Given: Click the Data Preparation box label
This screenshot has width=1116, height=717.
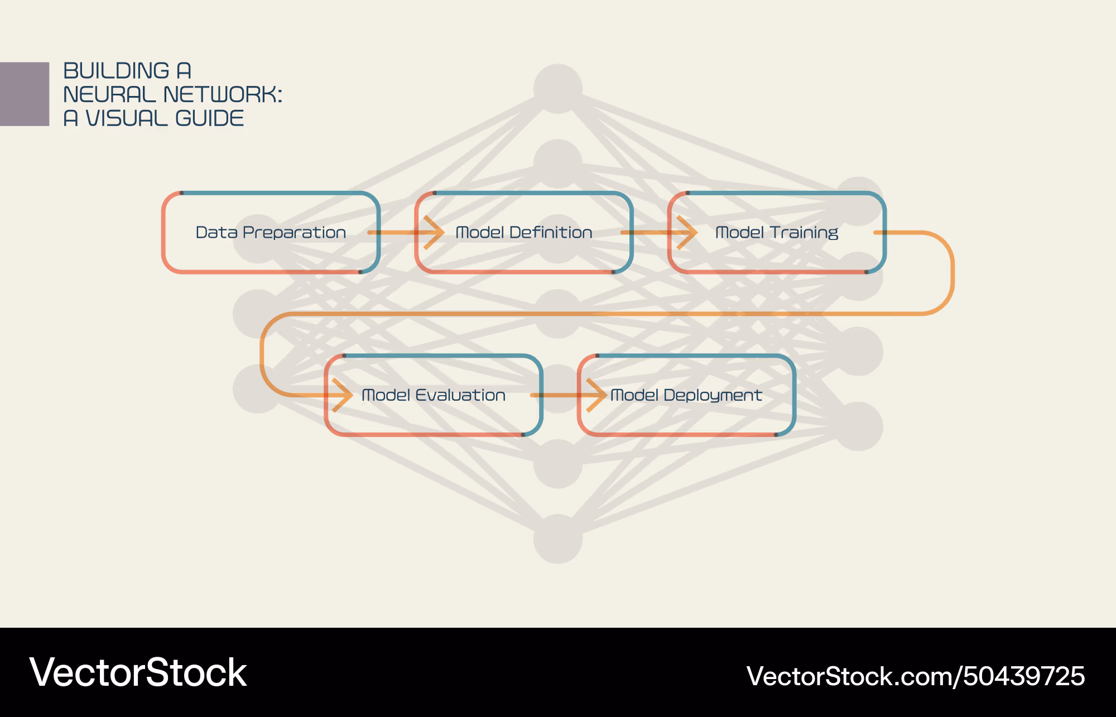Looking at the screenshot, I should (271, 232).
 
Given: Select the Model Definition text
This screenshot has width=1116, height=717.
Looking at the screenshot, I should (524, 232).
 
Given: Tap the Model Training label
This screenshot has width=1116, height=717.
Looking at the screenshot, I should (777, 232).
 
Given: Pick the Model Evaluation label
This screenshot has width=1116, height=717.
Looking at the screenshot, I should (434, 395).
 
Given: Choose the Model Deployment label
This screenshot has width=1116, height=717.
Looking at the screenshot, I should (686, 395).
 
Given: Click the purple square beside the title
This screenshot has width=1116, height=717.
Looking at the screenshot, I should (25, 94).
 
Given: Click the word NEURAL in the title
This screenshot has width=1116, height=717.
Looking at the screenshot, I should (109, 95).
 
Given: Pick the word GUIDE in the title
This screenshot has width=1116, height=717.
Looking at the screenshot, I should (209, 118).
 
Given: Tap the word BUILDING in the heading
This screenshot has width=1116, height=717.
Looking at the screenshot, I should (116, 71).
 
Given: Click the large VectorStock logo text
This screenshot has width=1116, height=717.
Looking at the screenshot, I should (138, 672).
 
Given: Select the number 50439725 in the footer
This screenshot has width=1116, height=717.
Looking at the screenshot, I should (1024, 676).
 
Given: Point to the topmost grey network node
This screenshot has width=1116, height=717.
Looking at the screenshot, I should (557, 88).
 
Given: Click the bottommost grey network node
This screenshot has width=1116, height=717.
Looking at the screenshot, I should (557, 539).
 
